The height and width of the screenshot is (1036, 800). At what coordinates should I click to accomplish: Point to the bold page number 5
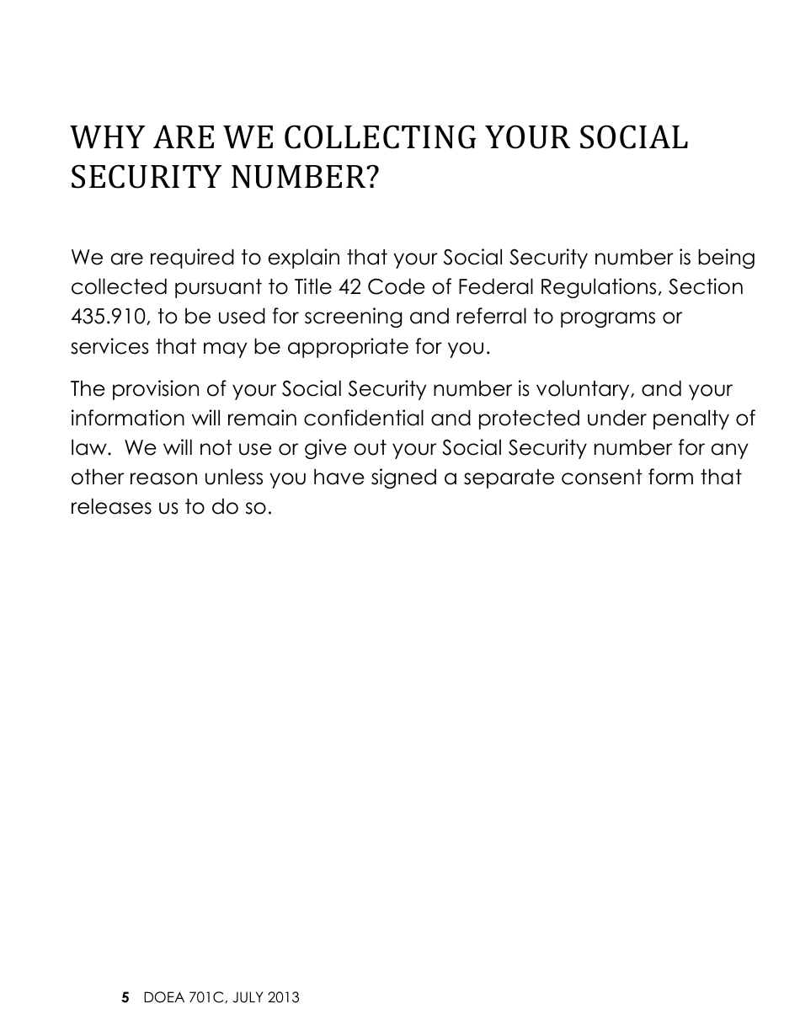(x=125, y=998)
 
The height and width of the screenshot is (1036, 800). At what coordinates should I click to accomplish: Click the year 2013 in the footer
(x=283, y=998)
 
